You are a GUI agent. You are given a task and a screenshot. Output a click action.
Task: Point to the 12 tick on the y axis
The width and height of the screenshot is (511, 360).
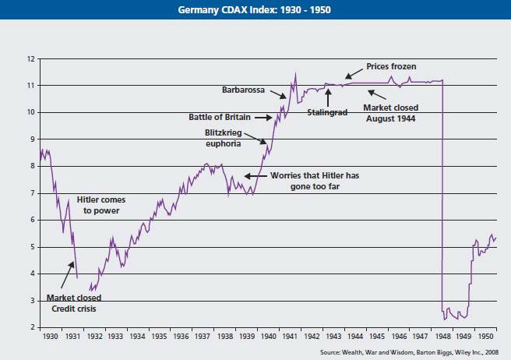point(30,59)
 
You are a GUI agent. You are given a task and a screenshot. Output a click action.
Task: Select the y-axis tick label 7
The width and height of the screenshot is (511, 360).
point(30,192)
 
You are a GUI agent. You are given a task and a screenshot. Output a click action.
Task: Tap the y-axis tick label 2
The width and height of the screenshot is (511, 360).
point(30,326)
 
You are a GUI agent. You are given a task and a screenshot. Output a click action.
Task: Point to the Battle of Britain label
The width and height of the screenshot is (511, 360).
point(225,117)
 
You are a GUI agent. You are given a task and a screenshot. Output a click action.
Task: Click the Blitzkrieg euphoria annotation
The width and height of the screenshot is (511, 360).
point(228,137)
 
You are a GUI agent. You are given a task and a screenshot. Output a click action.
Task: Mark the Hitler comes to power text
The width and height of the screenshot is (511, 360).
point(100,205)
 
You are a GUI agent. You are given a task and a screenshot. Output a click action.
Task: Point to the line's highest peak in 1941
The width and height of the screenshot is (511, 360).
point(295,74)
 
